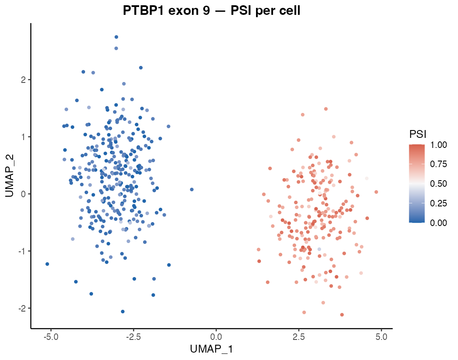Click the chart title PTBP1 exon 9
click(x=212, y=10)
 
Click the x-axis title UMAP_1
click(x=212, y=349)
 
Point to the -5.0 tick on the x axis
click(x=51, y=337)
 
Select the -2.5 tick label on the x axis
click(x=133, y=337)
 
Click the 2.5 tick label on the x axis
click(x=298, y=337)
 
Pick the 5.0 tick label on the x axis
click(x=381, y=337)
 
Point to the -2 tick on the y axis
click(x=22, y=309)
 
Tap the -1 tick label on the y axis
click(x=22, y=251)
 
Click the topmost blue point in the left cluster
click(x=116, y=37)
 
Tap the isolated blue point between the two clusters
click(x=191, y=189)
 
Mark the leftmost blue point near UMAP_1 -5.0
click(x=47, y=264)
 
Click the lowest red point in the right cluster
click(x=342, y=315)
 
